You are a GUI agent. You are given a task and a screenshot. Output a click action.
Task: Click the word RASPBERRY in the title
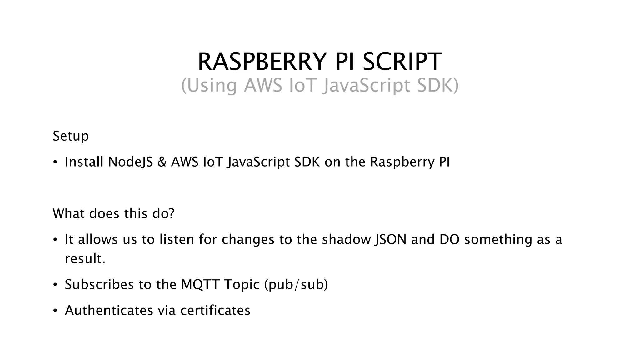coord(262,62)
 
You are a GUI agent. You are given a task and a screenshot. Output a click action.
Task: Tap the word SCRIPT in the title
coord(402,62)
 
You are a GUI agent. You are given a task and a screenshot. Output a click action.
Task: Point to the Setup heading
coord(71,136)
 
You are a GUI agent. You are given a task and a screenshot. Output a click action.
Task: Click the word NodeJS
coord(131,162)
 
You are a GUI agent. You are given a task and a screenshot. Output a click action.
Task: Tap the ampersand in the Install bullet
coord(162,162)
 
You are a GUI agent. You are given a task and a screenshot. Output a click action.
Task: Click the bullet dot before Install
coord(55,162)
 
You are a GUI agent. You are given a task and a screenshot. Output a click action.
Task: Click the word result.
coord(85,259)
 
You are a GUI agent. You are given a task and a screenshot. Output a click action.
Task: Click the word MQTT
coord(200,284)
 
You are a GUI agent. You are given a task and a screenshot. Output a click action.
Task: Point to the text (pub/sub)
coord(296,284)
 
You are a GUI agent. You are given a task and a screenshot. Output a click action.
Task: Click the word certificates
coord(215,310)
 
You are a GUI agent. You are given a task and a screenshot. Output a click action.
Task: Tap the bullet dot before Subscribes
coord(55,285)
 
